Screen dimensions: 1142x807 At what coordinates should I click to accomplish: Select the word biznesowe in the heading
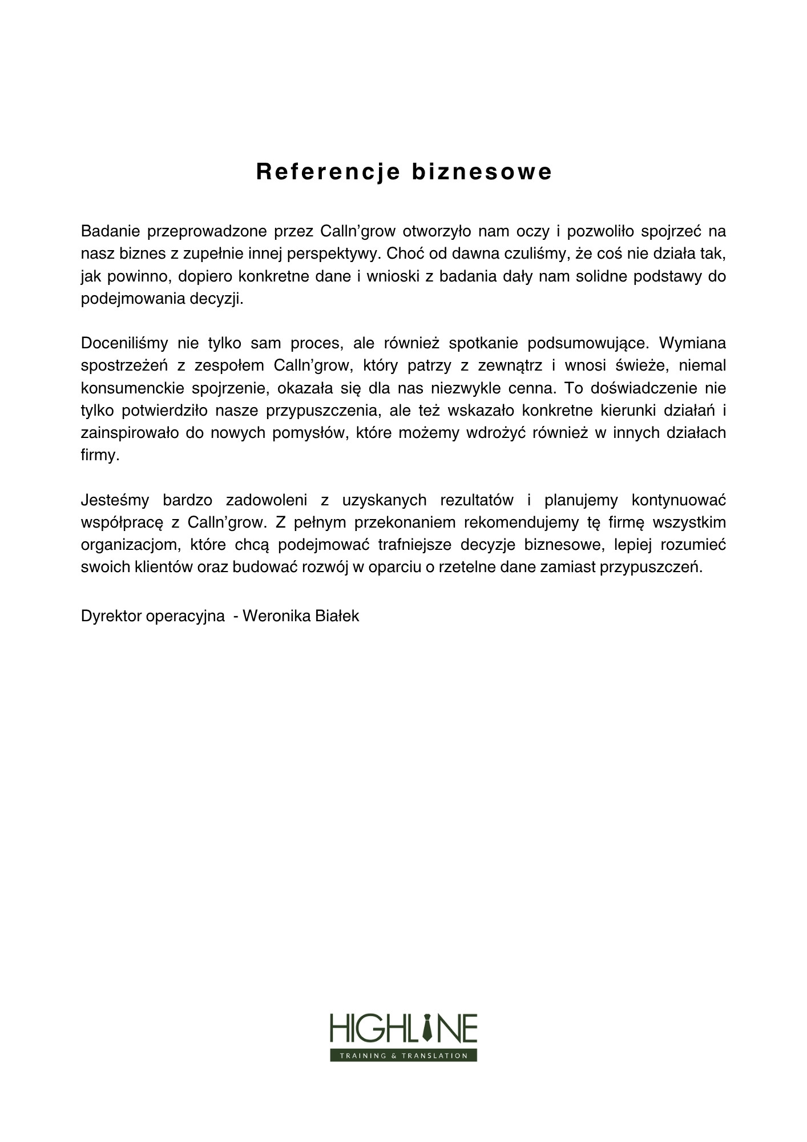(x=482, y=172)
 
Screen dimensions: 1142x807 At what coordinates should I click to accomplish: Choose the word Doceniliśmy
(x=124, y=344)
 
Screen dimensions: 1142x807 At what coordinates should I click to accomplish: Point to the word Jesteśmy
(x=115, y=501)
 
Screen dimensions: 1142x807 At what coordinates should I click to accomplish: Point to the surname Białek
(x=337, y=617)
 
